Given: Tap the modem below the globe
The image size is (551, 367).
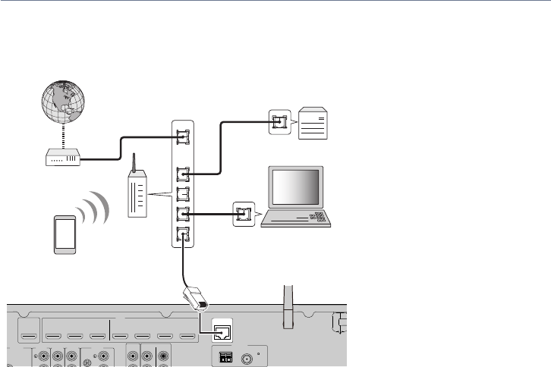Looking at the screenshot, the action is click(62, 159).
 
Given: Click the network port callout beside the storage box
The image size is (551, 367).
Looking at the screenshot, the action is click(279, 121).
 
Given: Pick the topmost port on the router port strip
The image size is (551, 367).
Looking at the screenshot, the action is click(182, 136).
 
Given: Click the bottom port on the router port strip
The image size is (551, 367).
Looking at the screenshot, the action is click(182, 235).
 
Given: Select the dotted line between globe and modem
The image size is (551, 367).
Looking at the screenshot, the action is click(62, 139).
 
